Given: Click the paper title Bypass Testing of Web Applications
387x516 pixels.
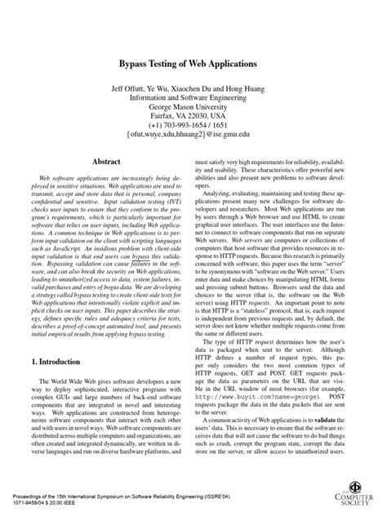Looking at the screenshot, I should [x=194, y=63].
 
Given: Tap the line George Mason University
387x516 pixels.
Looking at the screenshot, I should [x=194, y=106].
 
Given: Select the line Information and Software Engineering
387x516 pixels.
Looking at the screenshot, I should [x=194, y=96].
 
